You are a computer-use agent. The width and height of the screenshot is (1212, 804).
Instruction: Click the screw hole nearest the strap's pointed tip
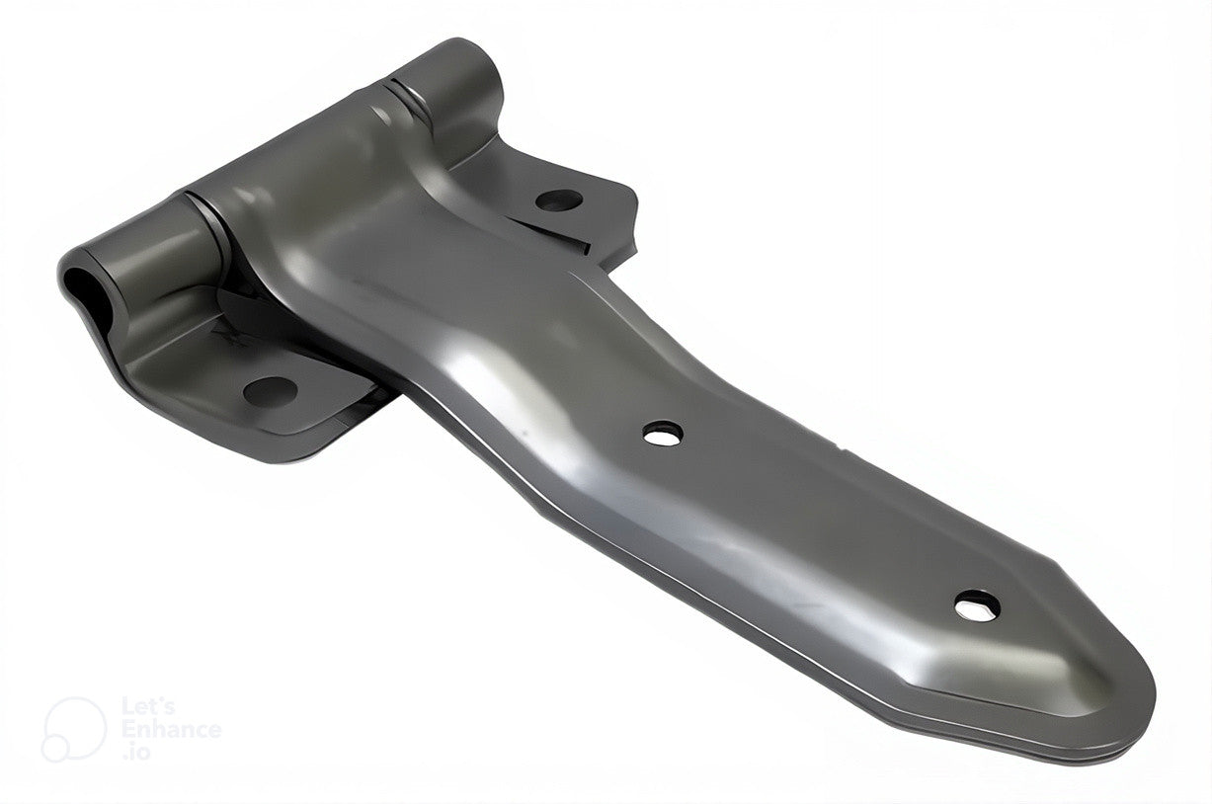click(x=977, y=606)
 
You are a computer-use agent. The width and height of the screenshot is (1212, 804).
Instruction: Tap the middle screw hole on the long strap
click(x=663, y=434)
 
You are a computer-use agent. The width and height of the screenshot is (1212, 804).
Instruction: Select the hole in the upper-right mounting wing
click(x=559, y=201)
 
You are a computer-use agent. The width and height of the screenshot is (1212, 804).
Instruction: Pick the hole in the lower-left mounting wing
click(x=270, y=392)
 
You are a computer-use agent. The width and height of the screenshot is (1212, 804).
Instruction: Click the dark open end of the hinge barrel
click(x=81, y=289)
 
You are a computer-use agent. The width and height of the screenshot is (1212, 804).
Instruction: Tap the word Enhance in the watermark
click(x=172, y=730)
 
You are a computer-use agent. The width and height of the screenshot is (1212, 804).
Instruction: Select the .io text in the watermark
click(x=135, y=753)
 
